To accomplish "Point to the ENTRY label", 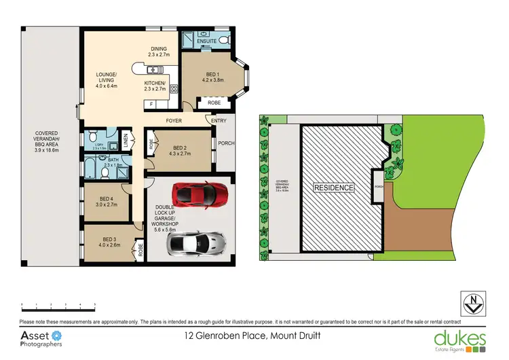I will click(219, 121).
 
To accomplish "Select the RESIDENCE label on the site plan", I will click(333, 187).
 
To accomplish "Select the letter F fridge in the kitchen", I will click(151, 104).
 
